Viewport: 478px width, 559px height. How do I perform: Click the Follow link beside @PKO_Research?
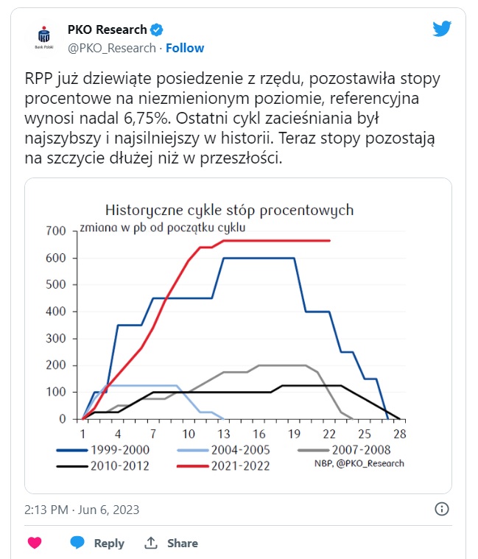185,48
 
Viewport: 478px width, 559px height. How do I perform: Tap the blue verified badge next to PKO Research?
157,30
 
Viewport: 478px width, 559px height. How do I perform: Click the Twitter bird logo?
441,29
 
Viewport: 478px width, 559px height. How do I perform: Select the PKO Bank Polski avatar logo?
44,36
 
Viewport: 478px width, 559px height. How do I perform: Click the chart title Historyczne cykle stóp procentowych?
229,210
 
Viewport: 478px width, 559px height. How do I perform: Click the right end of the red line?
329,241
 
